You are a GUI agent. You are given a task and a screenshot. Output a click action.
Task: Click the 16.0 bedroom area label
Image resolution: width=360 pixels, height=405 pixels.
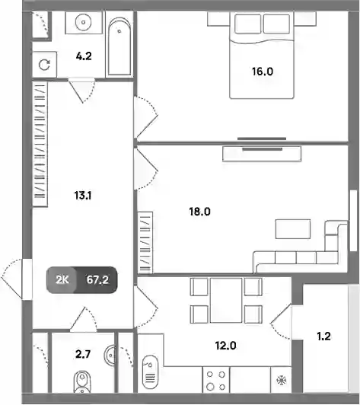[263, 72]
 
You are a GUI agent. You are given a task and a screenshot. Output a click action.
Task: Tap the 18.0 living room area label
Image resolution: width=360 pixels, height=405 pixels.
[199, 212]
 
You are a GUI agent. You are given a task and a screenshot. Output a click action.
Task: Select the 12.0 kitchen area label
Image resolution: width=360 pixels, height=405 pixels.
[225, 346]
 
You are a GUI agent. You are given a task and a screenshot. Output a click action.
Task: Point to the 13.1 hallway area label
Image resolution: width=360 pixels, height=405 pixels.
[83, 196]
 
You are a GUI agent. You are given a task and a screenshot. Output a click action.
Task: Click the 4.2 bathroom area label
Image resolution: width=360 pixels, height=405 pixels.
[84, 56]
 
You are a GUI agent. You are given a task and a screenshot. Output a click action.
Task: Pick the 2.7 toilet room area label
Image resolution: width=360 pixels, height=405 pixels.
[83, 354]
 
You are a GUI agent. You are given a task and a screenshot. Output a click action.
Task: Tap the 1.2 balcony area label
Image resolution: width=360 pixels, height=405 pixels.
[323, 336]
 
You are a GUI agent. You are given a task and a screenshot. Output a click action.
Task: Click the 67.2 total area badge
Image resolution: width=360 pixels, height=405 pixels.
[97, 279]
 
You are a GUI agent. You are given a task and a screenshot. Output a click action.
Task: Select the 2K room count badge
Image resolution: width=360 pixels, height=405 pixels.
[62, 279]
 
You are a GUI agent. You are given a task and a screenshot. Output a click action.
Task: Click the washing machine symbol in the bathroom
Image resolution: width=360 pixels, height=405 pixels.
[44, 65]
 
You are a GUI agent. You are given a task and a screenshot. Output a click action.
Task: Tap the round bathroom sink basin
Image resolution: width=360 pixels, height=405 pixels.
[84, 22]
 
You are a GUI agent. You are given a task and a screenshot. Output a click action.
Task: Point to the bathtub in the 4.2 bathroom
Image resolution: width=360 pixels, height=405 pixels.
[119, 46]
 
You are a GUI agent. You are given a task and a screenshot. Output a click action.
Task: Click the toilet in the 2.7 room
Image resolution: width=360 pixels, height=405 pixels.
[82, 382]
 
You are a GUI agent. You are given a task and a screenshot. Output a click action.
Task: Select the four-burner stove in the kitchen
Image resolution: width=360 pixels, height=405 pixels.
[216, 381]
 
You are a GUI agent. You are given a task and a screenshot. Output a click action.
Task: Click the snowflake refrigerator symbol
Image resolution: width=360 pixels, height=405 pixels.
[282, 380]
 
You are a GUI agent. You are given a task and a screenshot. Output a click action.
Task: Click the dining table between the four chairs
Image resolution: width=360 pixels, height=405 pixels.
[226, 300]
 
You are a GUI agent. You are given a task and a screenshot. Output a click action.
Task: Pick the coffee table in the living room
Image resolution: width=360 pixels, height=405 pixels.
[293, 229]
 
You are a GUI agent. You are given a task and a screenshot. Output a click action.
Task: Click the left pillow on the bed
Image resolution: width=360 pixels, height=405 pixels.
[247, 24]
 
